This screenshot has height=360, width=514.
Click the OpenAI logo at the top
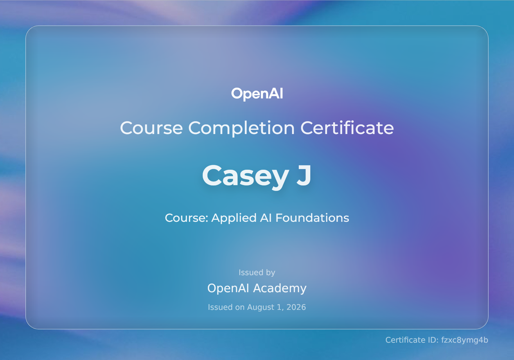point(257,94)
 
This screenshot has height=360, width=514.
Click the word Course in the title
point(151,128)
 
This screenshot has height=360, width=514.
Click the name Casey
point(245,176)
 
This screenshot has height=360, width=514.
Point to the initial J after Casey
point(304,175)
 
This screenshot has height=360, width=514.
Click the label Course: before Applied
point(187,218)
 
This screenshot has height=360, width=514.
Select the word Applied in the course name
point(234,218)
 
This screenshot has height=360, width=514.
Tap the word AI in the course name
point(266,218)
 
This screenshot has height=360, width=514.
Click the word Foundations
point(312,218)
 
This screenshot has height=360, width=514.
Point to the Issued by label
point(257,273)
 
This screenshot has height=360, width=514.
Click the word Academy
point(280,288)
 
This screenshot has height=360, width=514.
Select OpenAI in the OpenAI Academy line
point(228,288)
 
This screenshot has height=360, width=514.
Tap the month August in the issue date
point(261,307)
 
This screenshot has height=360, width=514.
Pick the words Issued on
point(226,307)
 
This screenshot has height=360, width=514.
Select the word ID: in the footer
point(433,340)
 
